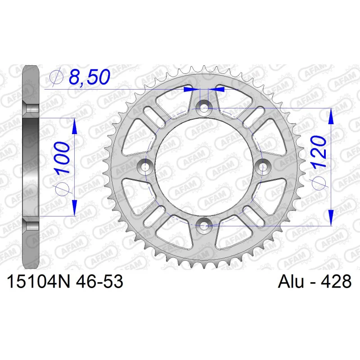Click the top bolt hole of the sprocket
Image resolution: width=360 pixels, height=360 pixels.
204,108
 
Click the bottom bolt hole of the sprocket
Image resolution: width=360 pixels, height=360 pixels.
204,226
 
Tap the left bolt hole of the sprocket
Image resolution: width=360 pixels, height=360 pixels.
144,167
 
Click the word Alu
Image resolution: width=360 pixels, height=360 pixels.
291,281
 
